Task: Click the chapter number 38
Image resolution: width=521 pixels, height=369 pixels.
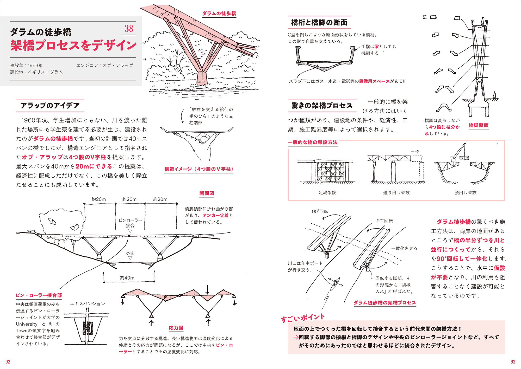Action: tap(129, 29)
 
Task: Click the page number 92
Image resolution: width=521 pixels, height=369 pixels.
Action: tap(8, 362)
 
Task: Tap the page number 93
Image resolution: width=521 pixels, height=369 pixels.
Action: tap(513, 362)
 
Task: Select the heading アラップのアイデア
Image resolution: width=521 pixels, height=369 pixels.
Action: tap(50, 106)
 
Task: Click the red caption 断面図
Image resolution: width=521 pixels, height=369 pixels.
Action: tap(207, 193)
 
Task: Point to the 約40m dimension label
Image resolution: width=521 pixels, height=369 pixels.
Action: tap(127, 278)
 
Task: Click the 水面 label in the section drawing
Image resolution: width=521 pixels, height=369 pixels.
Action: tap(130, 253)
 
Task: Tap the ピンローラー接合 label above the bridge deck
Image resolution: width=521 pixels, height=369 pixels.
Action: tap(130, 223)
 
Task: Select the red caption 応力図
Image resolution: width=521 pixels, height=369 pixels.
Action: tap(176, 328)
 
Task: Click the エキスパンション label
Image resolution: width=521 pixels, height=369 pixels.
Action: tap(88, 304)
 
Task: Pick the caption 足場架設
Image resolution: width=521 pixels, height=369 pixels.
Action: tap(327, 193)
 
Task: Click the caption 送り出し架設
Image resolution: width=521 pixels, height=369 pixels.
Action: tap(396, 193)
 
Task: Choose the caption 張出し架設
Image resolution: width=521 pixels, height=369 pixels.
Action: tap(465, 193)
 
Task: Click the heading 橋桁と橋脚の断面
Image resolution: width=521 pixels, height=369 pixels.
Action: tap(319, 23)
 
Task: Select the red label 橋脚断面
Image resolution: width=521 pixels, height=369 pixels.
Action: tap(479, 125)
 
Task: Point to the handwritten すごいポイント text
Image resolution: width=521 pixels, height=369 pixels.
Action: tap(302, 318)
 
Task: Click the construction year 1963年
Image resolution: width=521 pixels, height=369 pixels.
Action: tap(35, 66)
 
